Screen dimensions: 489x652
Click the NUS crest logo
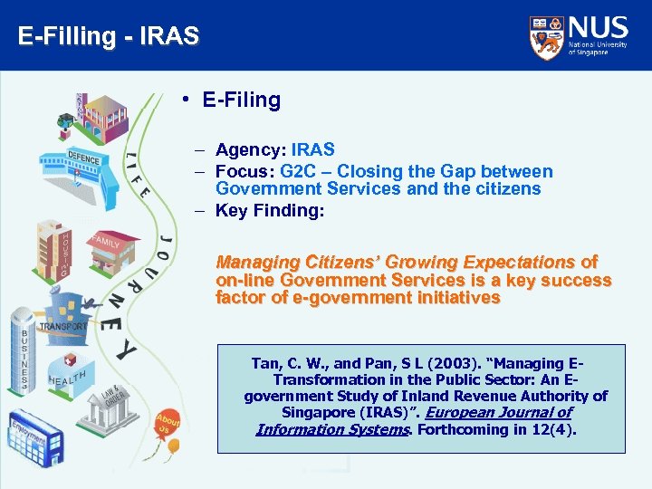547,36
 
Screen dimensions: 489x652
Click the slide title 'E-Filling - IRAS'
108,37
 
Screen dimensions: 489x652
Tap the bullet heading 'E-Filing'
241,100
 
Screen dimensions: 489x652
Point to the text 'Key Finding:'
270,211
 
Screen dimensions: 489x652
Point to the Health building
74,380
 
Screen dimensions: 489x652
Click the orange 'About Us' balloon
167,424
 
